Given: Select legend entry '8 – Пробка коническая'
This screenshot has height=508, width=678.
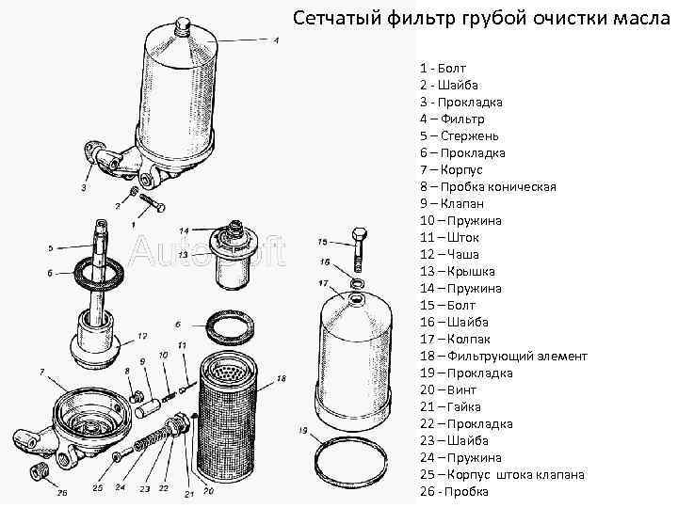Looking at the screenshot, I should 488,186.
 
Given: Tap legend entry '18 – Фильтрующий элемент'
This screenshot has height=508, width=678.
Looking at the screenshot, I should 503,356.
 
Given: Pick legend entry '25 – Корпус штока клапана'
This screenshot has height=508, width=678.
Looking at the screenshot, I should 502,474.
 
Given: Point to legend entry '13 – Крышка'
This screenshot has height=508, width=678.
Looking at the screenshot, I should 458,271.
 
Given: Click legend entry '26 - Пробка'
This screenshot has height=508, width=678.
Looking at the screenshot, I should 454,491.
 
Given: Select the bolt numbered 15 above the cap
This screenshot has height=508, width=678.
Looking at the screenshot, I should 357,248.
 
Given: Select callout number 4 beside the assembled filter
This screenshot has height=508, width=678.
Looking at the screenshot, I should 276,40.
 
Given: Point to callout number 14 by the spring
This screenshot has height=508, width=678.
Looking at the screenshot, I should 185,230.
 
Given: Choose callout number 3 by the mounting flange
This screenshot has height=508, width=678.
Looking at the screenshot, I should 85,187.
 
